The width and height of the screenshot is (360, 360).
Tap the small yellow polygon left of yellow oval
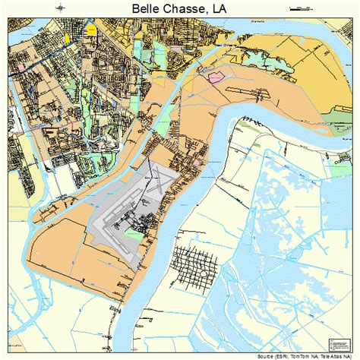66,36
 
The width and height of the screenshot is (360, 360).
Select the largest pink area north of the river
214,77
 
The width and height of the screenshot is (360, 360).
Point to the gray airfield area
114,220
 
